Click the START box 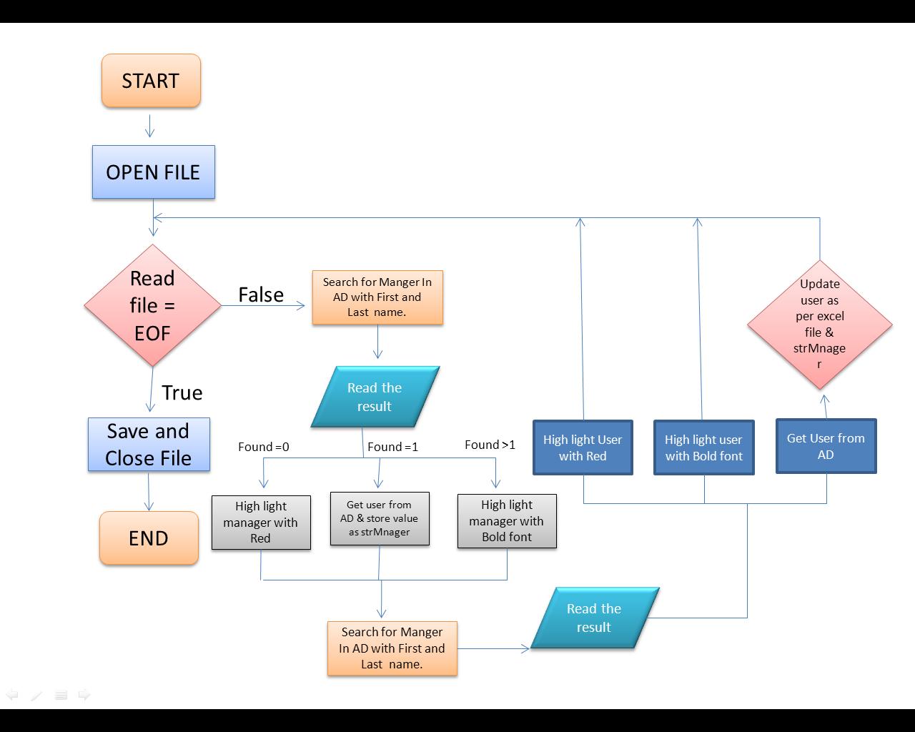(151, 81)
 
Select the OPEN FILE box (153, 172)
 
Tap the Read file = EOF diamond (152, 305)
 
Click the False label (261, 295)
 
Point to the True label (182, 392)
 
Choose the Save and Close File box (149, 445)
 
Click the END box (149, 538)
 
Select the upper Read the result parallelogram (375, 397)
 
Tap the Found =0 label (264, 447)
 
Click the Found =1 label (392, 447)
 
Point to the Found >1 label (490, 445)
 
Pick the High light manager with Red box (261, 522)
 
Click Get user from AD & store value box (380, 518)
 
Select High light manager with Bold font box (507, 521)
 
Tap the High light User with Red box (583, 447)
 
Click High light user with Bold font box (704, 447)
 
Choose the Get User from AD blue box (826, 446)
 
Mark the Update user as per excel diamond (820, 324)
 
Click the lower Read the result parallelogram (594, 618)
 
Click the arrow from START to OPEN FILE (149, 126)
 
